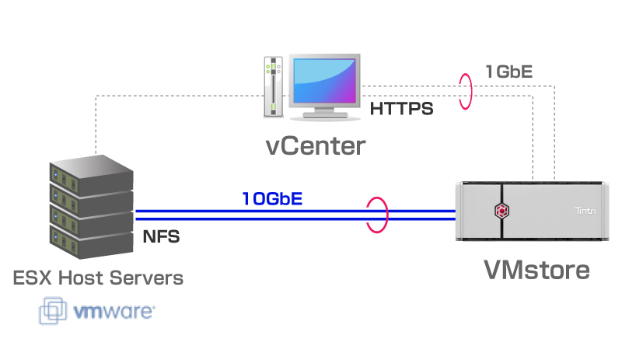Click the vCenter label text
click(x=314, y=145)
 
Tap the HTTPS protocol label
click(x=400, y=109)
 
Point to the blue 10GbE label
click(x=271, y=198)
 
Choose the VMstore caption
click(x=536, y=269)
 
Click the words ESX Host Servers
click(x=98, y=278)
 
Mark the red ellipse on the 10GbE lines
click(x=377, y=215)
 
